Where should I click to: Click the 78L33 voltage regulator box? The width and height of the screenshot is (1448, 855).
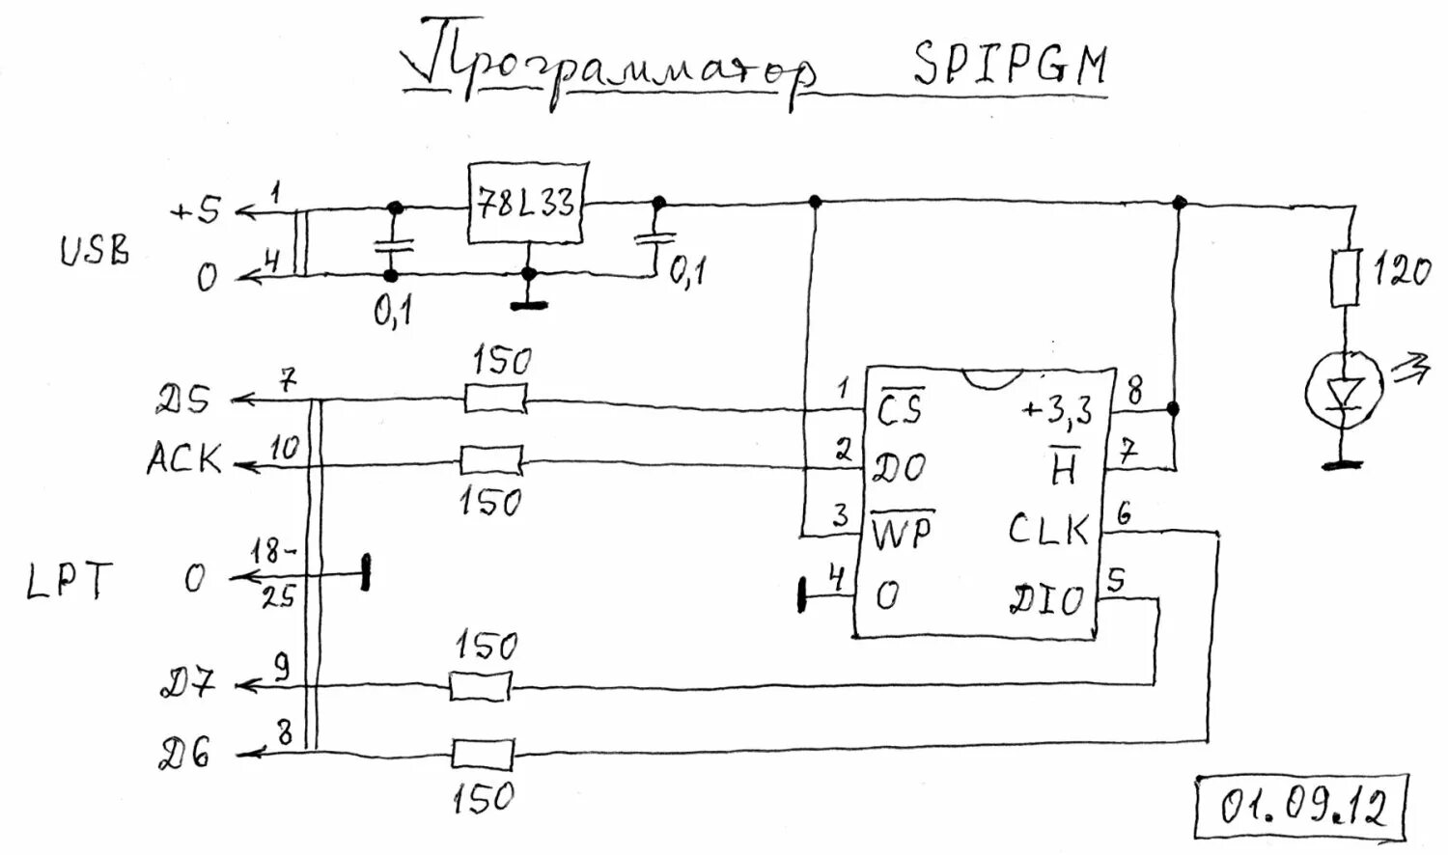tap(526, 203)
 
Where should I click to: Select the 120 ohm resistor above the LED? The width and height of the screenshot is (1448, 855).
tap(1346, 279)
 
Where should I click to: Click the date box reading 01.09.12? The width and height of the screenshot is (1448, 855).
tap(1301, 806)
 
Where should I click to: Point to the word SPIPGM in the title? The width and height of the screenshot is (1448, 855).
tap(1010, 66)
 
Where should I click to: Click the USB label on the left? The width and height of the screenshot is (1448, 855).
tap(95, 251)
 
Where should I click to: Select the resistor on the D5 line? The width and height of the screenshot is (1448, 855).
tap(495, 398)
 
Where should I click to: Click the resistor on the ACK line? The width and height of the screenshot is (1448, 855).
tap(491, 460)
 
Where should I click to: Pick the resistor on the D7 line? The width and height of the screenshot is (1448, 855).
tap(480, 686)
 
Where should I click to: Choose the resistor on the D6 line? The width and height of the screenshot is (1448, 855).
tap(483, 754)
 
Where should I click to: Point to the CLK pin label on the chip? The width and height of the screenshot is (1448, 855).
tap(1048, 529)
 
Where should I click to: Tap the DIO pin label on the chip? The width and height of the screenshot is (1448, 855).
tap(1046, 600)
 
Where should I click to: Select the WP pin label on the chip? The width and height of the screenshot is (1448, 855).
tap(903, 531)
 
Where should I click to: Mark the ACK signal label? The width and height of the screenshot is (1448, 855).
tap(183, 459)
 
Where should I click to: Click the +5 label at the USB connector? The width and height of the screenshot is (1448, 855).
tap(195, 210)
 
